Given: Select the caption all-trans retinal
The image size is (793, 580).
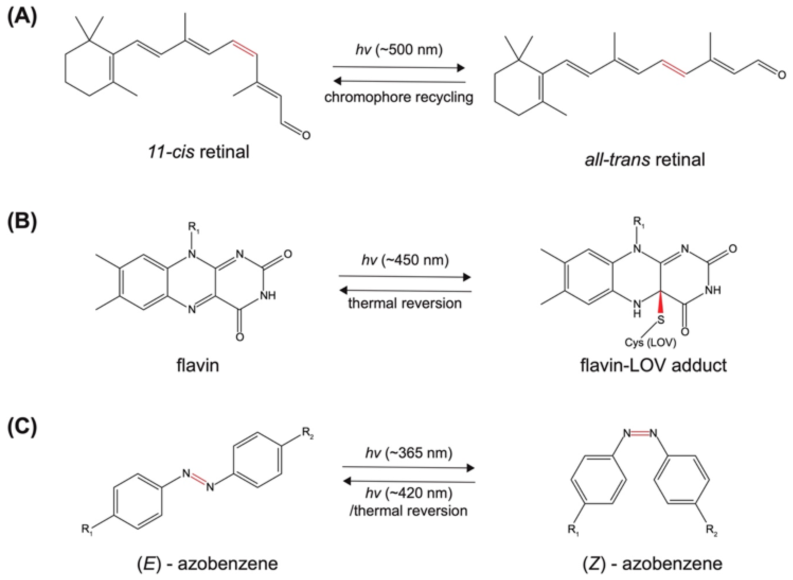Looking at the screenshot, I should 645,160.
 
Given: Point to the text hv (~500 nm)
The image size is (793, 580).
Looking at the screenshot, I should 399,50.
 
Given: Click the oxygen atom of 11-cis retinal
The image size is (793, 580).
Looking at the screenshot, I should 306,135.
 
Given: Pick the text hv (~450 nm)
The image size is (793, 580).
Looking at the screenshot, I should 405,260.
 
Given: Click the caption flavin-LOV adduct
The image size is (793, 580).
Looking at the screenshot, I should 653,365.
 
